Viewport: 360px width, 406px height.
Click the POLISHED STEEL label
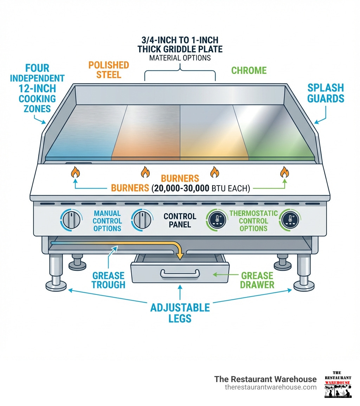coord(109,70)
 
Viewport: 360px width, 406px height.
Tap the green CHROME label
coord(249,70)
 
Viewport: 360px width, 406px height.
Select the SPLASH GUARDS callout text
coord(326,93)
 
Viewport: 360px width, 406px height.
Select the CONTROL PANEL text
coord(180,220)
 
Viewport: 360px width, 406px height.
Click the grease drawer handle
coord(180,273)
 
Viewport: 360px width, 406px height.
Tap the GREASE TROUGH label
coord(108,280)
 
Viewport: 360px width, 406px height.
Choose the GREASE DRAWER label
coord(257,280)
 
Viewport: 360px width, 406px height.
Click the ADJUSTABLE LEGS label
coord(180,313)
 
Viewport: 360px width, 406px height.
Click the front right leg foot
coord(303,284)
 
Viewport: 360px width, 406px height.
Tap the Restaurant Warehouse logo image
coord(337,385)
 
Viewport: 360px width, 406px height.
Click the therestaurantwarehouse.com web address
coord(270,387)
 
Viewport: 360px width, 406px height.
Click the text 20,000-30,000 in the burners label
coord(181,188)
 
